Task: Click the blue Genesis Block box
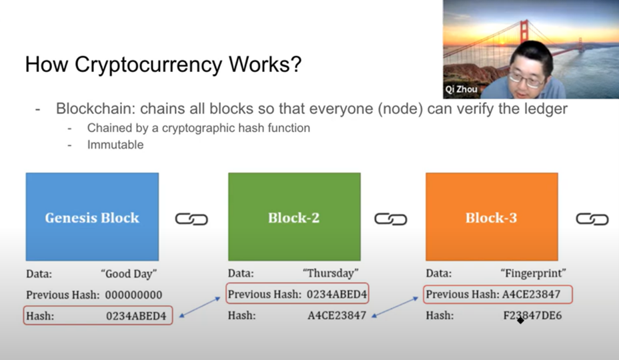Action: point(92,217)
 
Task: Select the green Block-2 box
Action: point(295,217)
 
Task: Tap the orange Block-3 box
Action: point(492,217)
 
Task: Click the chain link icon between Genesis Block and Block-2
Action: point(191,219)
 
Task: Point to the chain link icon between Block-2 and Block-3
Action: point(391,219)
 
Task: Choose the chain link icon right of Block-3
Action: point(592,219)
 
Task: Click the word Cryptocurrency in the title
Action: point(148,65)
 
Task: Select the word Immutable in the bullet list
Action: point(115,145)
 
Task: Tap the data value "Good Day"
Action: point(129,273)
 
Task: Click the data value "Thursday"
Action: point(330,273)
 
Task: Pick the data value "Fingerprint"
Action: point(534,273)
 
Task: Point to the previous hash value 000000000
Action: point(134,295)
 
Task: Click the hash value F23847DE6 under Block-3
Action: point(532,315)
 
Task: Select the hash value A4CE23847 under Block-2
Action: point(337,315)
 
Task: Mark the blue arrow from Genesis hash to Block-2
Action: point(199,307)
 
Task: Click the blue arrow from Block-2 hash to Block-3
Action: point(395,307)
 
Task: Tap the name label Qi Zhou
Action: point(461,89)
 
